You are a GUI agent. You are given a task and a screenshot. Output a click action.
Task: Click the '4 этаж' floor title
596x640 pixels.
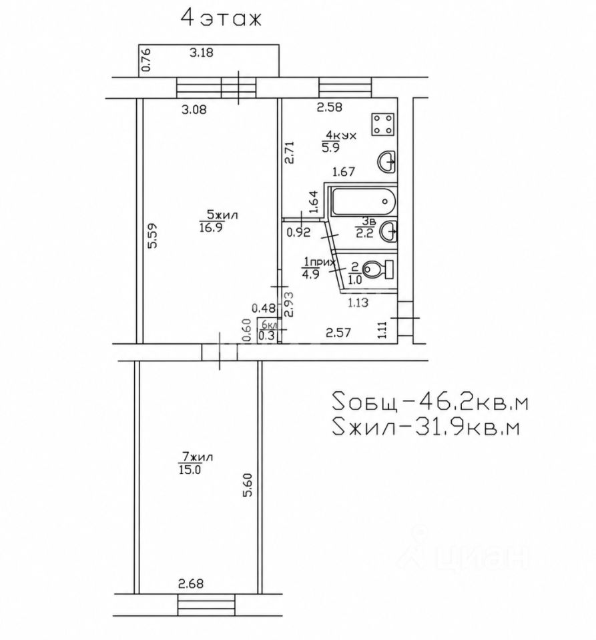pos(221,19)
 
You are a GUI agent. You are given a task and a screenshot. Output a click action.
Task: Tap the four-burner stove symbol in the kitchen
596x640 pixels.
pos(383,124)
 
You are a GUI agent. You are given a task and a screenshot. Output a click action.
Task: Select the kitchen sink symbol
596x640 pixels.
pos(386,162)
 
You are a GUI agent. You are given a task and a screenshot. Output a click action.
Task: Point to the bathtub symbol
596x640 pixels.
pos(364,201)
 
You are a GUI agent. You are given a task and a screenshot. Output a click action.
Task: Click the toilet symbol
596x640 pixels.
pos(378,269)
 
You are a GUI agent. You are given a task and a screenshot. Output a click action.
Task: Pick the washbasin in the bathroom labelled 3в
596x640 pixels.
pos(388,231)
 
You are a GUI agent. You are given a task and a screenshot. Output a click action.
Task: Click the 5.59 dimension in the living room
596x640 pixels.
pos(152,235)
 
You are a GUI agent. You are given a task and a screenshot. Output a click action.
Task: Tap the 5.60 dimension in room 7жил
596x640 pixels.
pos(248,485)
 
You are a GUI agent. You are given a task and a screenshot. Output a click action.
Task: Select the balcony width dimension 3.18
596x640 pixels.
pos(201,53)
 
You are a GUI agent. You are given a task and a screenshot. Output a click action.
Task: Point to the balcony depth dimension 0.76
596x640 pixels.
pos(146,59)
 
